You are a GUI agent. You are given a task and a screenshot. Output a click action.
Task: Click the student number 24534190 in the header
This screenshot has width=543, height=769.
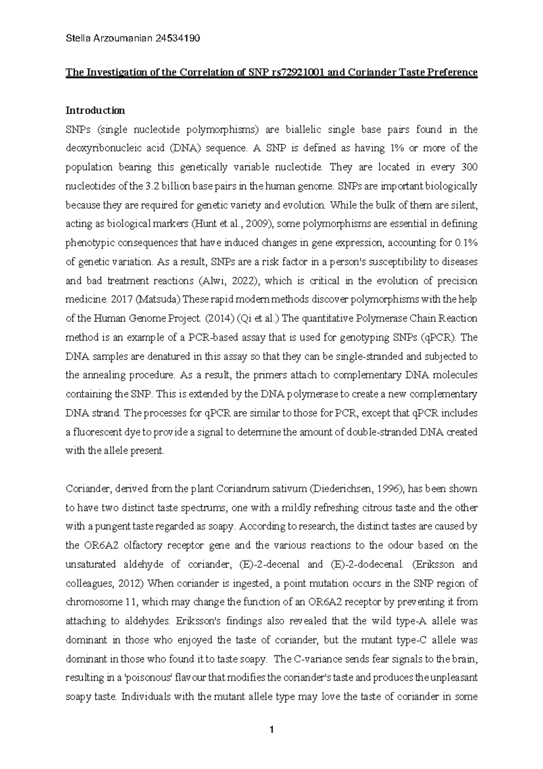177,39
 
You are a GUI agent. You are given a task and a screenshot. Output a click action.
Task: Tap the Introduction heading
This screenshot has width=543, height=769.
95,111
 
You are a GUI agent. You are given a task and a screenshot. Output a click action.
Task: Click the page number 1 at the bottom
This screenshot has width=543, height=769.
271,729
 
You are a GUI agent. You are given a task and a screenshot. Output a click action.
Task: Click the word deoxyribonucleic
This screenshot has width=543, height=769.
101,148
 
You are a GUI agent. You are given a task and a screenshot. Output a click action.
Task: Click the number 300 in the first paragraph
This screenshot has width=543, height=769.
468,167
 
